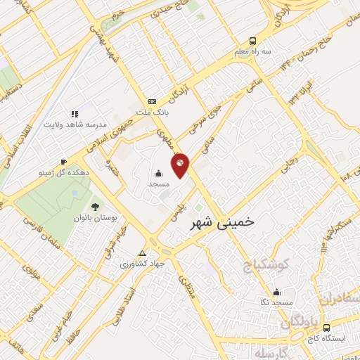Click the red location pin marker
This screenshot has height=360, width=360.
pyautogui.click(x=181, y=164)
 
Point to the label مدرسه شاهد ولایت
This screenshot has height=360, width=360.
pyautogui.click(x=76, y=124)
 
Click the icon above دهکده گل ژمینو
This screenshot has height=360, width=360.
pyautogui.click(x=65, y=161)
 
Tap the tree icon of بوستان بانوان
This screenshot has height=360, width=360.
pyautogui.click(x=94, y=206)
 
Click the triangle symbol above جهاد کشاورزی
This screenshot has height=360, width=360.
pyautogui.click(x=143, y=253)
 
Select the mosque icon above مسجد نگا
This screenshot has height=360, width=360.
pyautogui.click(x=276, y=292)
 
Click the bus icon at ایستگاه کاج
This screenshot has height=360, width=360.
pyautogui.click(x=326, y=327)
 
